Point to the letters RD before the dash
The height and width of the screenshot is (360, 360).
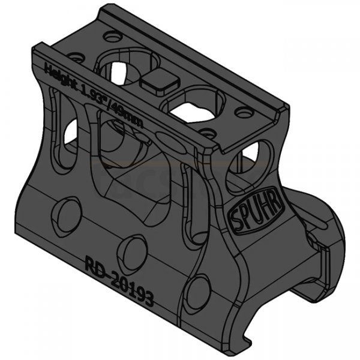click(89, 265)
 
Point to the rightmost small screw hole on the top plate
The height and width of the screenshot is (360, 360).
click(243, 113)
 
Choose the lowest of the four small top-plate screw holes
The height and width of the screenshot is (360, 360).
click(206, 133)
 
